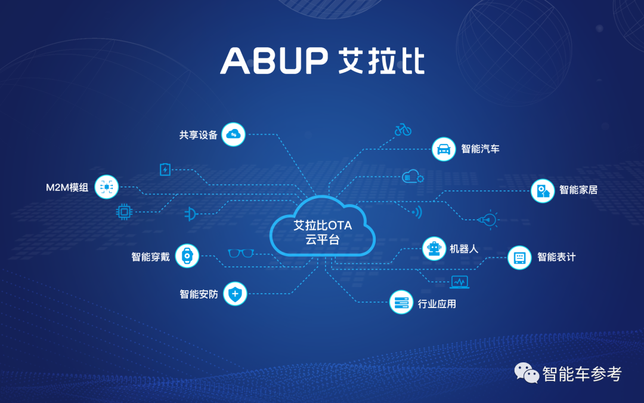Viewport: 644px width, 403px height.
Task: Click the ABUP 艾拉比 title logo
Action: coord(322,60)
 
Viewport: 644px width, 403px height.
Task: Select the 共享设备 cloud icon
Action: coord(233,134)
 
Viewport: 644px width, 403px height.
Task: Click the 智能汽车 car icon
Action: coord(444,148)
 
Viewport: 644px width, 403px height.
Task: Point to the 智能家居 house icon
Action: coord(543,190)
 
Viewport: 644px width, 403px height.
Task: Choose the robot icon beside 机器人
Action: coord(434,248)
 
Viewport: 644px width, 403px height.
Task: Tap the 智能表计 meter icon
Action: coord(519,257)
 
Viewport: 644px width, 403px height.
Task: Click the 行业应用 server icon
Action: coord(401,303)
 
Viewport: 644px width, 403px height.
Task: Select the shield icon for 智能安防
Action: coord(236,294)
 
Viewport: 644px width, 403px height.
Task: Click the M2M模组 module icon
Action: coord(107,187)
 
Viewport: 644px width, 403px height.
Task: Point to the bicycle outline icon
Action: coord(403,130)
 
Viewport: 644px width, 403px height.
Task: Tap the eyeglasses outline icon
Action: coord(241,253)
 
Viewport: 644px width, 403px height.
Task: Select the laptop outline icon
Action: coord(459,282)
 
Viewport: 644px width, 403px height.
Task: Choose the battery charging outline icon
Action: coord(165,170)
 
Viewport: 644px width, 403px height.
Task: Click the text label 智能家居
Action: coord(578,190)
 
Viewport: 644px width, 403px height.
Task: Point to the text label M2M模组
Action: coord(67,187)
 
